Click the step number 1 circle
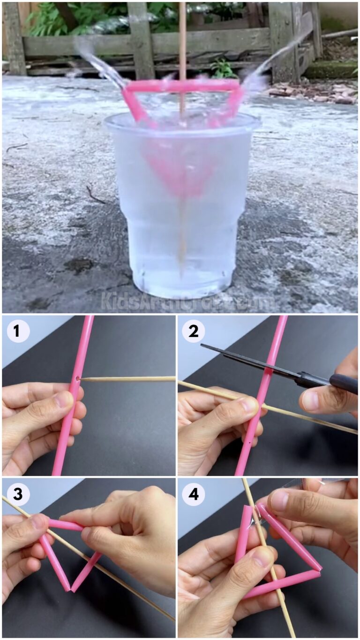[18, 331]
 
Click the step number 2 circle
[194, 331]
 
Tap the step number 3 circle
[18, 494]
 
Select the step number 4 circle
[194, 494]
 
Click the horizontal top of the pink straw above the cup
[183, 85]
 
